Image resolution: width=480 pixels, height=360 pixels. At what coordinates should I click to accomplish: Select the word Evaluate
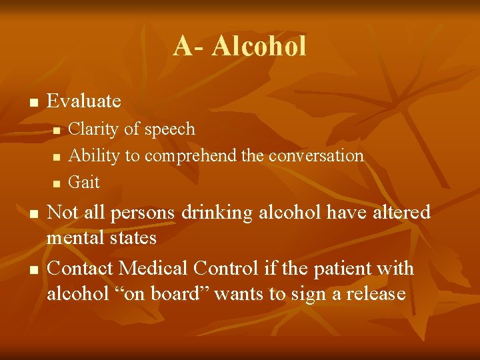tap(84, 101)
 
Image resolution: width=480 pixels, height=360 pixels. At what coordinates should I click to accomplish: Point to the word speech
tap(171, 129)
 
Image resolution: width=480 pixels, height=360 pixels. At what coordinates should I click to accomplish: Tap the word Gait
tap(84, 182)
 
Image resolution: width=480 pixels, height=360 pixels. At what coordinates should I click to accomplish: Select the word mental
tap(73, 237)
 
